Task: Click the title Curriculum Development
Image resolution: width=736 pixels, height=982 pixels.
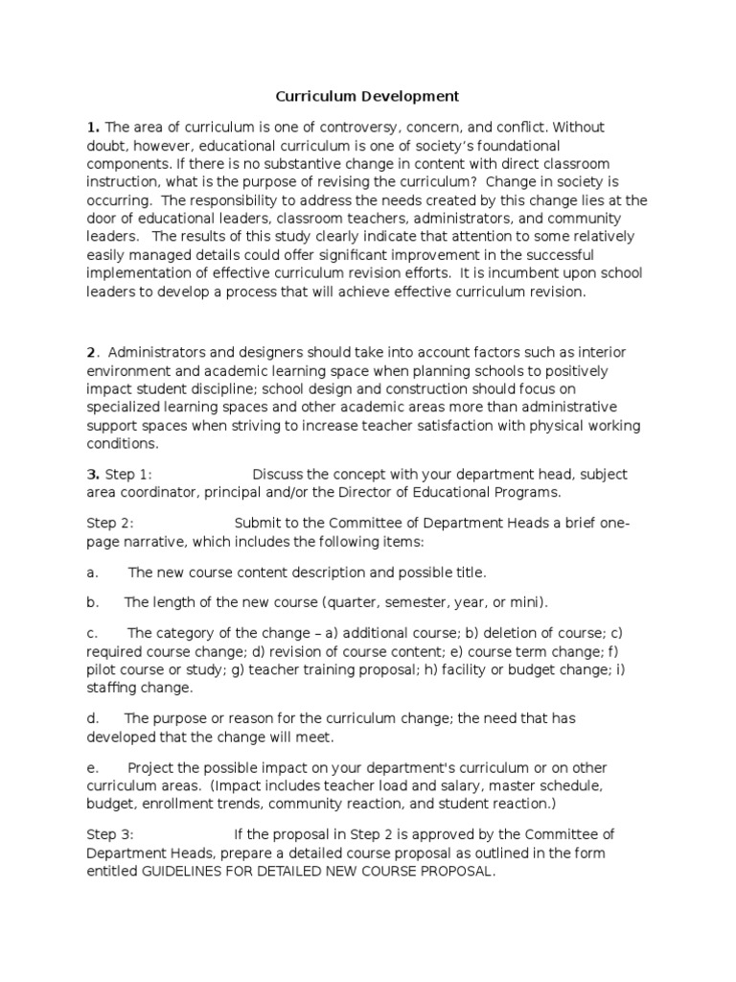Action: pos(367,96)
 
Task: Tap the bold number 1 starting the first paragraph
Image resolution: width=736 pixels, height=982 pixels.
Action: pos(92,127)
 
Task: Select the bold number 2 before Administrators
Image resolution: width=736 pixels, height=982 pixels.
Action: pos(91,352)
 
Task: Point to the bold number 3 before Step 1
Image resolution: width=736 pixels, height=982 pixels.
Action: pos(92,474)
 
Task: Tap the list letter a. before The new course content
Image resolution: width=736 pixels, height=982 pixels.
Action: pos(92,573)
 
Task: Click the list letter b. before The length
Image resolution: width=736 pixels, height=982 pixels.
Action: pos(92,602)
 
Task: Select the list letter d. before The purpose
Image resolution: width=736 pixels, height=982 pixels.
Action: pos(92,717)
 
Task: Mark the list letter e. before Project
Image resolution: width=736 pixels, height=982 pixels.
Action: pos(92,768)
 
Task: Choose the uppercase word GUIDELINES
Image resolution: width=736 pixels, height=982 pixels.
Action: pos(189,871)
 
